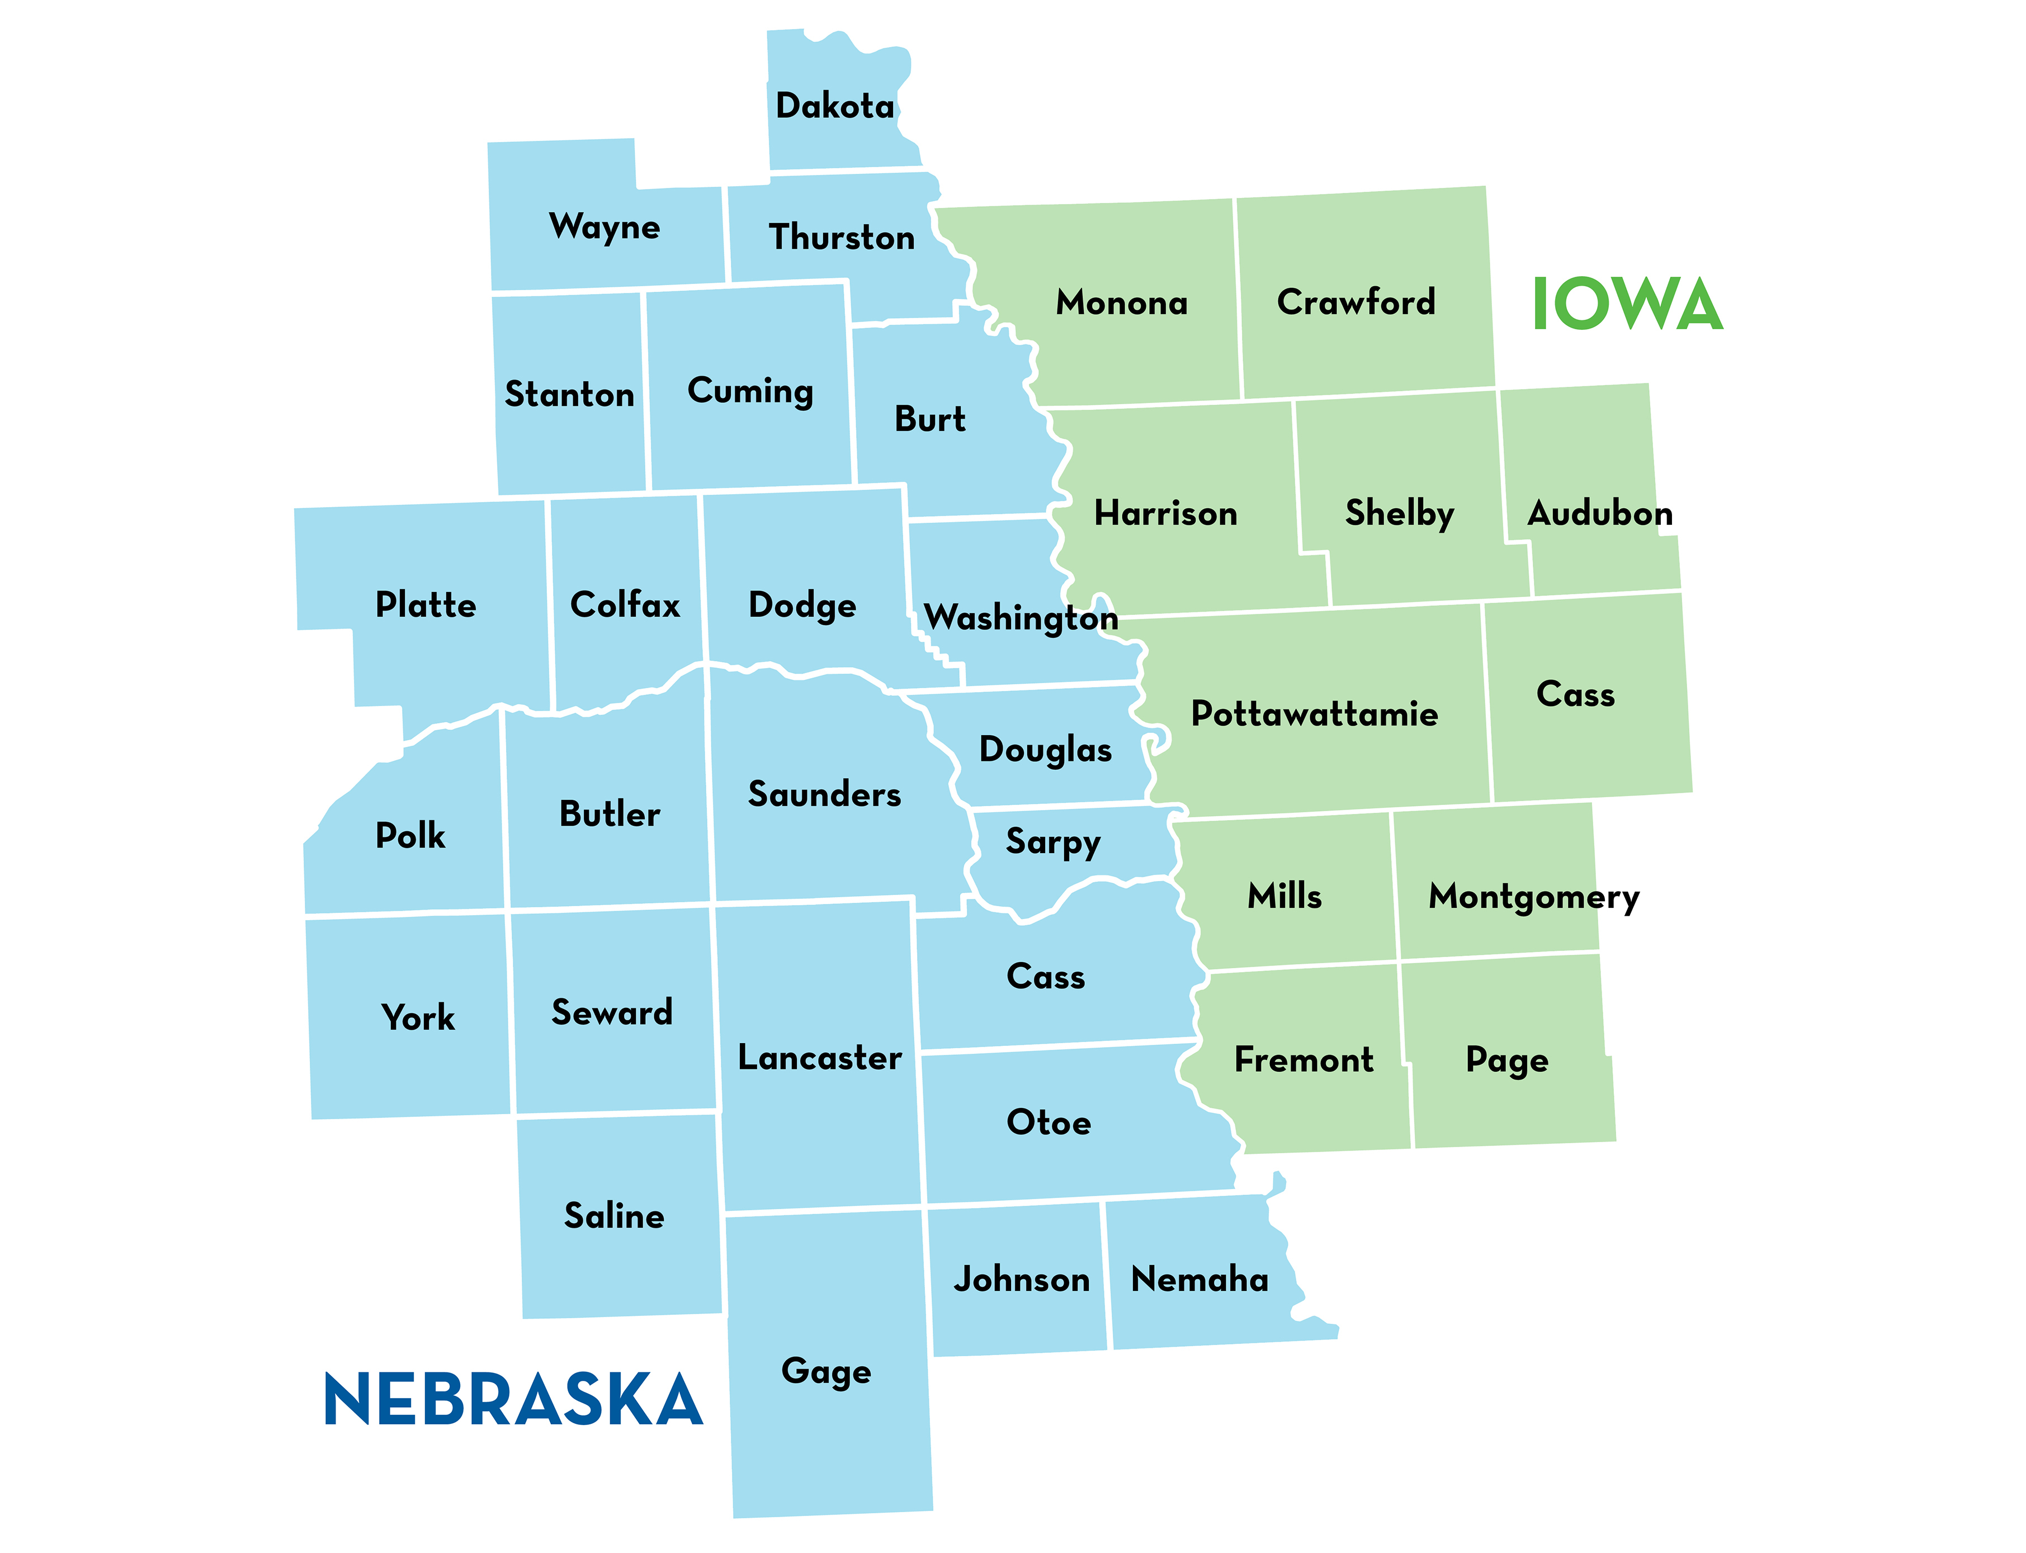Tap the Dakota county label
coord(835,106)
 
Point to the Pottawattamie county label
coord(1314,714)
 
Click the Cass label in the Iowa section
coord(1576,694)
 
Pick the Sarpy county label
coord(1052,842)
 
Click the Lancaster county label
coord(819,1058)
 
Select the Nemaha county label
coord(1199,1280)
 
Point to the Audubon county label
coord(1600,513)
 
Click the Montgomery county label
coord(1533,897)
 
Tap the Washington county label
coord(1021,618)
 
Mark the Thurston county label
coord(842,238)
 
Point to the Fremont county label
coord(1304,1059)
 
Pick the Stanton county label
coord(570,395)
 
